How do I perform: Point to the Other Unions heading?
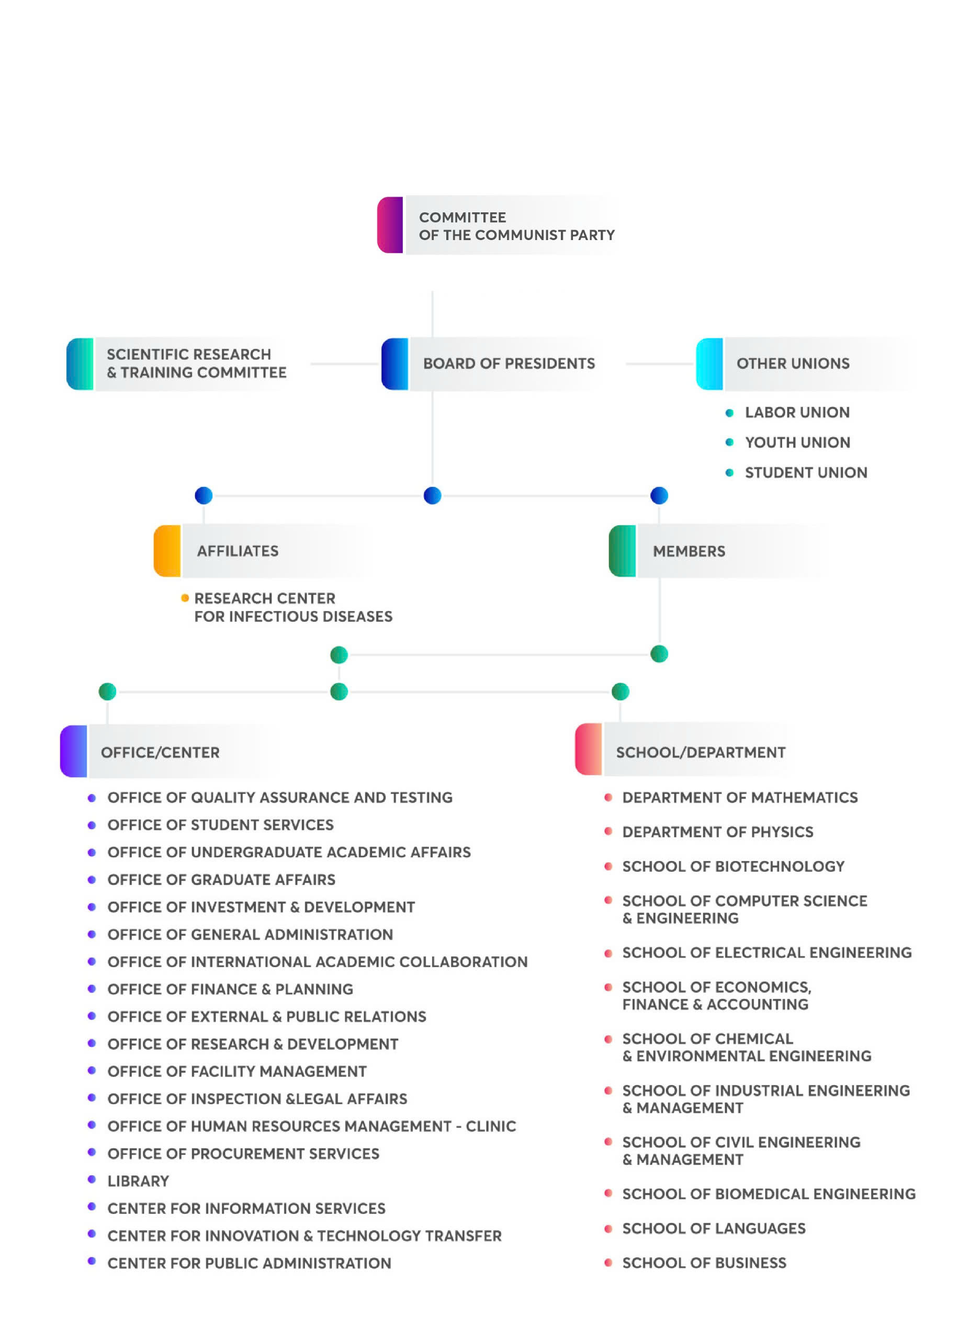(792, 364)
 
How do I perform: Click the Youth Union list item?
(797, 442)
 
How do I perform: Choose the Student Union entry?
(805, 472)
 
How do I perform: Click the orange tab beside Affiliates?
(167, 551)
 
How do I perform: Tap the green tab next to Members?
(622, 551)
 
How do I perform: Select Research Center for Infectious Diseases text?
(293, 607)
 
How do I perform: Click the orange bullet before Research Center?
(185, 598)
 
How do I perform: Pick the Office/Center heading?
(160, 752)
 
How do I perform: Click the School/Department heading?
(700, 752)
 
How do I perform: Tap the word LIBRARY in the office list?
(138, 1181)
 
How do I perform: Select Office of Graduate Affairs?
(221, 880)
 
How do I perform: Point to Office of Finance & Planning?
(230, 989)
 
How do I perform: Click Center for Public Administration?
(249, 1263)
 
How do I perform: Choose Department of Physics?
(717, 832)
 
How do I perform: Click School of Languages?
(714, 1228)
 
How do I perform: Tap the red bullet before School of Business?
(608, 1262)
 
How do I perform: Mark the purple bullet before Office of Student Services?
(92, 825)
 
